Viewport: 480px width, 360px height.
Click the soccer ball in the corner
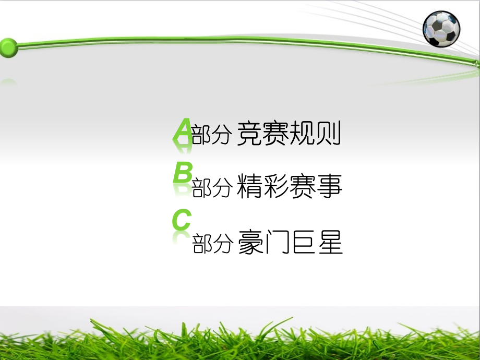coord(441,29)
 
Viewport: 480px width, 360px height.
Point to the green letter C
coord(182,220)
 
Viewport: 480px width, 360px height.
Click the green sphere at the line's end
coord(9,47)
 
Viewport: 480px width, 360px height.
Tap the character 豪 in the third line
coord(250,243)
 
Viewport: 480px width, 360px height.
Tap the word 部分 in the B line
coord(211,189)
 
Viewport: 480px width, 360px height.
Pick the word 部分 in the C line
coord(211,244)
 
